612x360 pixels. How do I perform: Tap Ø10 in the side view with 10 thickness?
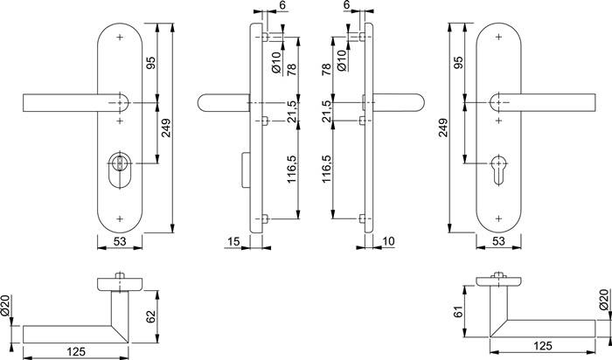342,59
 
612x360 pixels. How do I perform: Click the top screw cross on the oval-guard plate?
118,38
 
